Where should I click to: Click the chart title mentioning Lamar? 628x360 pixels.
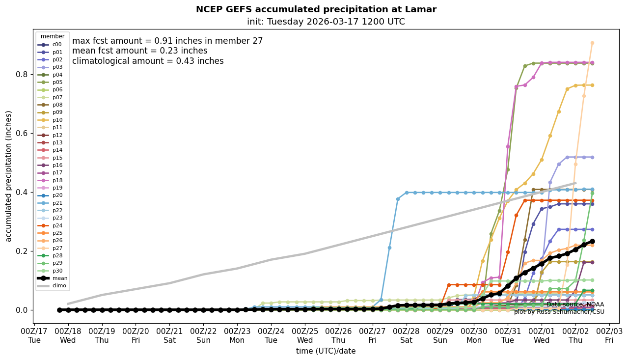(316, 9)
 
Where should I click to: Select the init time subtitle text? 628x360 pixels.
(326, 22)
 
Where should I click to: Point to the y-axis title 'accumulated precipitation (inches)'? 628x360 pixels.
(9, 176)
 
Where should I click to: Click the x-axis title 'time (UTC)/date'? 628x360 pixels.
(326, 351)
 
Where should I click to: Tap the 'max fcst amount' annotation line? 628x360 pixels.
(167, 41)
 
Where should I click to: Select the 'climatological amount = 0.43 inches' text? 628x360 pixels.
(148, 61)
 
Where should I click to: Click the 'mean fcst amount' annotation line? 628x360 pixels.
(139, 51)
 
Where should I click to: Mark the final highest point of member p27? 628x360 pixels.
(592, 43)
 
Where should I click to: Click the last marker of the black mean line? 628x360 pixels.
(592, 242)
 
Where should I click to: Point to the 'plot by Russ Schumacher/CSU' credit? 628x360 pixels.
(559, 312)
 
